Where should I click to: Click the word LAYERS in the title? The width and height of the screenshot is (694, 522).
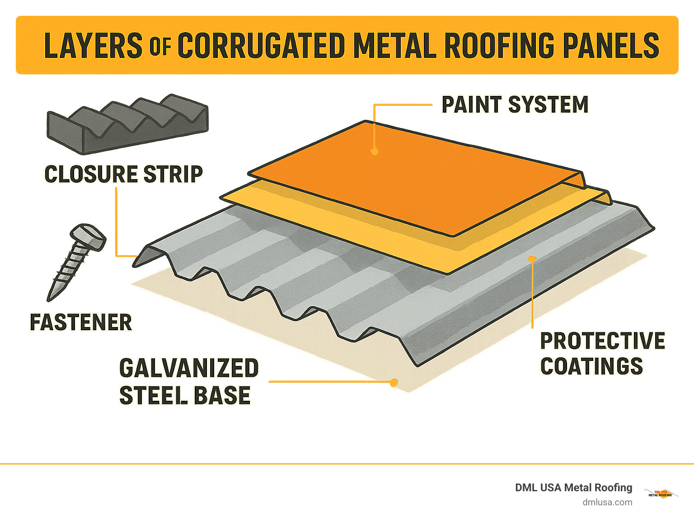pos(93,46)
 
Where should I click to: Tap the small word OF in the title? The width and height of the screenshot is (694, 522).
pos(160,47)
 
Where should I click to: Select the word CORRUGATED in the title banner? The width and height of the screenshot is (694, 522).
pos(261,46)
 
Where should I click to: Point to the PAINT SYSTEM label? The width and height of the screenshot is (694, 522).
pos(515,105)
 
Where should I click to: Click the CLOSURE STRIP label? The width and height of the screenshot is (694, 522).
pos(123,174)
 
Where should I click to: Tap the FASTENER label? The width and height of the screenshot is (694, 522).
pos(81,323)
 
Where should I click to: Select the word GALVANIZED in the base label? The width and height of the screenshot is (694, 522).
pos(189,368)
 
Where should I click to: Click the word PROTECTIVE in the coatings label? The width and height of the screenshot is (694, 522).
pos(602,341)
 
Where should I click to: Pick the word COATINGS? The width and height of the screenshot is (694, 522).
pos(591,366)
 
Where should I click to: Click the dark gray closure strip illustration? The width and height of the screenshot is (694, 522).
pos(127,123)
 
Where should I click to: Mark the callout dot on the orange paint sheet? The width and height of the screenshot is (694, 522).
pos(374,152)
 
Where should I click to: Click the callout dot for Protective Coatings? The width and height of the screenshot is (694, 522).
pos(532,259)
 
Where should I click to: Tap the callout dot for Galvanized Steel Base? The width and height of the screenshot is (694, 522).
pos(394,383)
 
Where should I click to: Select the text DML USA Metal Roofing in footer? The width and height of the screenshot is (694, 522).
pos(573,488)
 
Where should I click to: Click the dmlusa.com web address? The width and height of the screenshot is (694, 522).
pos(607,502)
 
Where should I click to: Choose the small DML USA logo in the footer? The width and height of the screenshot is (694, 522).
pos(661,494)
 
